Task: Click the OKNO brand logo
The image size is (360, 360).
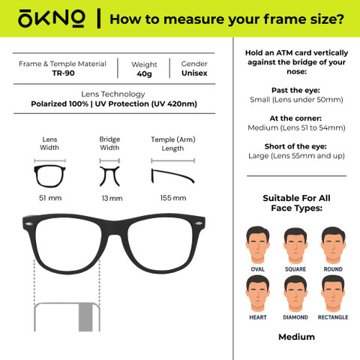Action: point(52,19)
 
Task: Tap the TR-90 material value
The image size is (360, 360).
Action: point(63,73)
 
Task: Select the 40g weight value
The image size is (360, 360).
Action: point(144,74)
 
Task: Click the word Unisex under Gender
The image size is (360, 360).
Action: point(194,73)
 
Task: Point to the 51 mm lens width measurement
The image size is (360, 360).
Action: point(50,198)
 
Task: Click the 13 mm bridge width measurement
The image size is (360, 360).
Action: point(112,199)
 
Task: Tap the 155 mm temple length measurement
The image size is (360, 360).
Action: point(173,198)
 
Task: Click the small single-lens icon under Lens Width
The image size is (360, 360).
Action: point(49,176)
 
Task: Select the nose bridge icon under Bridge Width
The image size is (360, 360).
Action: point(109,176)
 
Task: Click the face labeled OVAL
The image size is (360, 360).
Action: point(257,244)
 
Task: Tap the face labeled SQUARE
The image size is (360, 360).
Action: point(295,245)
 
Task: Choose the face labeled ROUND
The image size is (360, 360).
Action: point(333,245)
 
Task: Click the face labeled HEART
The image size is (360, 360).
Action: point(257,294)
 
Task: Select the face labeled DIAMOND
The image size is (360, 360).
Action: point(295,294)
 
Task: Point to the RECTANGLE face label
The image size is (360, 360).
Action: point(333,317)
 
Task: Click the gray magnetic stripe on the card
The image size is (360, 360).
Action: point(85,317)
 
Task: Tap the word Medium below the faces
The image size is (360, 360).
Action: point(296,337)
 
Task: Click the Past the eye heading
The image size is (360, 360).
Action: point(295,90)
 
